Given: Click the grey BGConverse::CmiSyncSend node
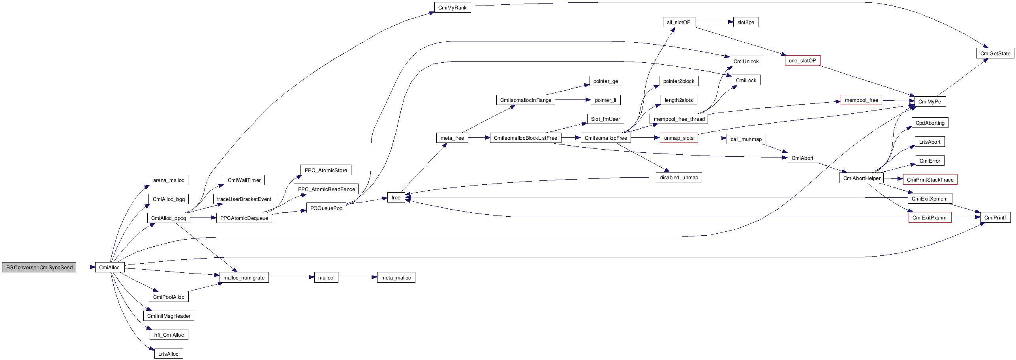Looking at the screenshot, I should (x=39, y=267).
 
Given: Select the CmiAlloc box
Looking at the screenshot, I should (x=109, y=267).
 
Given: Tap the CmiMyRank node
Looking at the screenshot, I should (x=452, y=7).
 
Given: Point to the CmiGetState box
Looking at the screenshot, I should (x=995, y=53).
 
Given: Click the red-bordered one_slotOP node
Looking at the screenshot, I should (x=802, y=60).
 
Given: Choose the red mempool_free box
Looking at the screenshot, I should (x=861, y=100).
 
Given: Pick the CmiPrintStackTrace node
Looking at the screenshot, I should (x=930, y=180).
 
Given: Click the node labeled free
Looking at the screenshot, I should (x=396, y=197).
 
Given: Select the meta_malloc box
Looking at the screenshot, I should (x=396, y=277).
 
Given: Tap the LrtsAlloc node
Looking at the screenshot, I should (x=168, y=354).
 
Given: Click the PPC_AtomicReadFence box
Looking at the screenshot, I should (x=326, y=189).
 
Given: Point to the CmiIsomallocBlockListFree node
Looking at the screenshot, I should (x=525, y=138).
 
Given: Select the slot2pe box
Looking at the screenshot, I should (x=746, y=22).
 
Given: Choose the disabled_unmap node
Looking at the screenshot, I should (x=679, y=177).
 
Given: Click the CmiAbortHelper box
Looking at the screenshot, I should (x=862, y=178).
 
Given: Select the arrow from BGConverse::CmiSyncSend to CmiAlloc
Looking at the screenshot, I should (x=85, y=267).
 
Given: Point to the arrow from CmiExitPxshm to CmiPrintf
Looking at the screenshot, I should (x=966, y=217).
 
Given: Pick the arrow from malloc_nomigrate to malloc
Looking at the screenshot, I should (x=291, y=277).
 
